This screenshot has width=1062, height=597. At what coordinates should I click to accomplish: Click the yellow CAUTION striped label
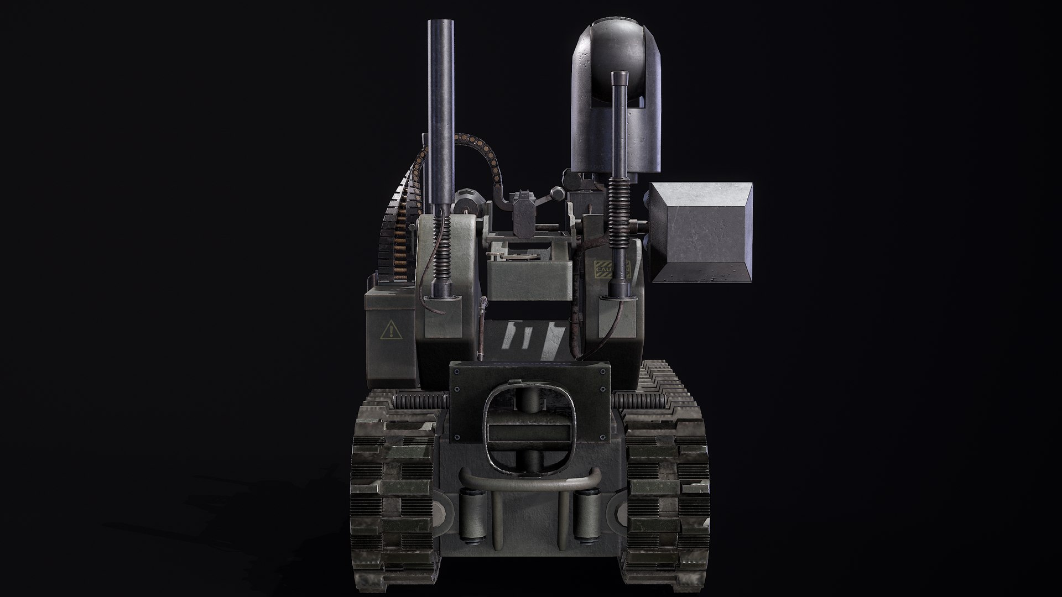[612, 269]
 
